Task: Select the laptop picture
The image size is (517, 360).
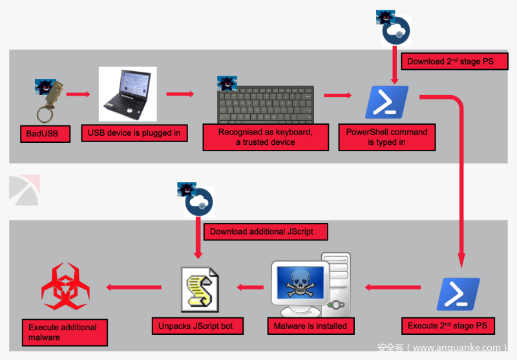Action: click(127, 94)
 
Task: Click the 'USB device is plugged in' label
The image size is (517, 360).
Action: click(134, 133)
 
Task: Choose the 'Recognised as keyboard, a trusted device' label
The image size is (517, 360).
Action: click(266, 137)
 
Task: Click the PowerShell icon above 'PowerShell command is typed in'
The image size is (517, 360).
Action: click(386, 101)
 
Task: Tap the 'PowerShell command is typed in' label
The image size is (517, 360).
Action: click(386, 137)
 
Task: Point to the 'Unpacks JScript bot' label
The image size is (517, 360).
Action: click(196, 326)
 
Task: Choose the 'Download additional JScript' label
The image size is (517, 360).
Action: click(265, 231)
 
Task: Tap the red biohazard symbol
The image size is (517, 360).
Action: click(65, 286)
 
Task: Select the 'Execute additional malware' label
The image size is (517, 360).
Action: click(64, 332)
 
